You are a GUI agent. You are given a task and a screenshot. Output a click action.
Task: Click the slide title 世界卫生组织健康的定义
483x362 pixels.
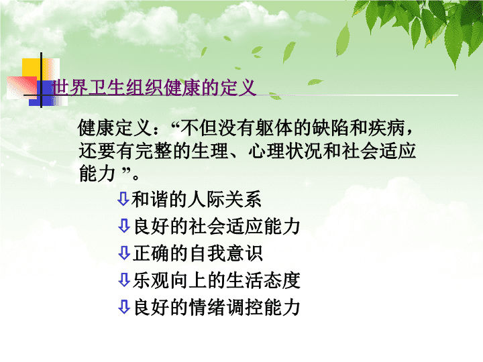pos(154,88)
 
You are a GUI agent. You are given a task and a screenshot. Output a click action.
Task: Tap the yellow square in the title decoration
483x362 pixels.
pos(34,69)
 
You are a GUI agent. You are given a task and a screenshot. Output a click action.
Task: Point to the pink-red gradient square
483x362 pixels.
pos(21,88)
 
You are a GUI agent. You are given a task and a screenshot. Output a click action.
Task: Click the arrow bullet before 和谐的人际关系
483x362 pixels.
pos(123,199)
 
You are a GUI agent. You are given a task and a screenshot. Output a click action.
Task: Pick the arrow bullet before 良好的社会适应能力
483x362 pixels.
pos(124,226)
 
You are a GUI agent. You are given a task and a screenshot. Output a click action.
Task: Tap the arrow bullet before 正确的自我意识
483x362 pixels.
pos(124,253)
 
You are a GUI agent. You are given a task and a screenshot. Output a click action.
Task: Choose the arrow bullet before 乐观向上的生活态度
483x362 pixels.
pos(124,280)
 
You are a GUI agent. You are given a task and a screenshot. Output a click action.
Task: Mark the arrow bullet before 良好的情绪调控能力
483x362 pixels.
pos(124,307)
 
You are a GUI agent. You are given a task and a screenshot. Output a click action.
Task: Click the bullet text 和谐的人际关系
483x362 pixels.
pos(197,200)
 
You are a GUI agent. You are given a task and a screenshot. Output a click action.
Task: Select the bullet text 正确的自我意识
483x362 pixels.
pos(198,253)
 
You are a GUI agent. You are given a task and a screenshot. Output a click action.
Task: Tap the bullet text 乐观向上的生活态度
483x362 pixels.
pos(217,280)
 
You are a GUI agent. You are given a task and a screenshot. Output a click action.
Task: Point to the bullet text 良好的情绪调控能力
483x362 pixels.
pos(217,307)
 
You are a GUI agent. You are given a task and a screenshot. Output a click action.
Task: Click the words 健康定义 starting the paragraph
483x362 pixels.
pos(115,127)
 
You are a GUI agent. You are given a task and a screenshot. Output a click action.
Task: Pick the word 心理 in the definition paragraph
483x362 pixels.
pos(267,151)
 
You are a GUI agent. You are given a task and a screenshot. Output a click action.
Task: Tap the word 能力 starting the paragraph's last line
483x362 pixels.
pos(97,173)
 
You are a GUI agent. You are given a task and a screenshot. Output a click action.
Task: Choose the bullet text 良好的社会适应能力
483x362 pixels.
pos(217,227)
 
